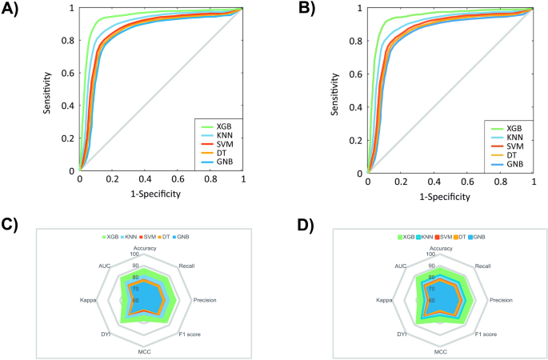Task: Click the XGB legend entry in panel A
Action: (x=227, y=126)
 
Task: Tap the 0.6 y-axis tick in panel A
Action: (x=70, y=73)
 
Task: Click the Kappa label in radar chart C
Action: (x=88, y=300)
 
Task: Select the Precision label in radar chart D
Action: (x=500, y=300)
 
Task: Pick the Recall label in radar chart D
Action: (x=482, y=264)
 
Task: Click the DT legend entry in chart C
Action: (x=166, y=238)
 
